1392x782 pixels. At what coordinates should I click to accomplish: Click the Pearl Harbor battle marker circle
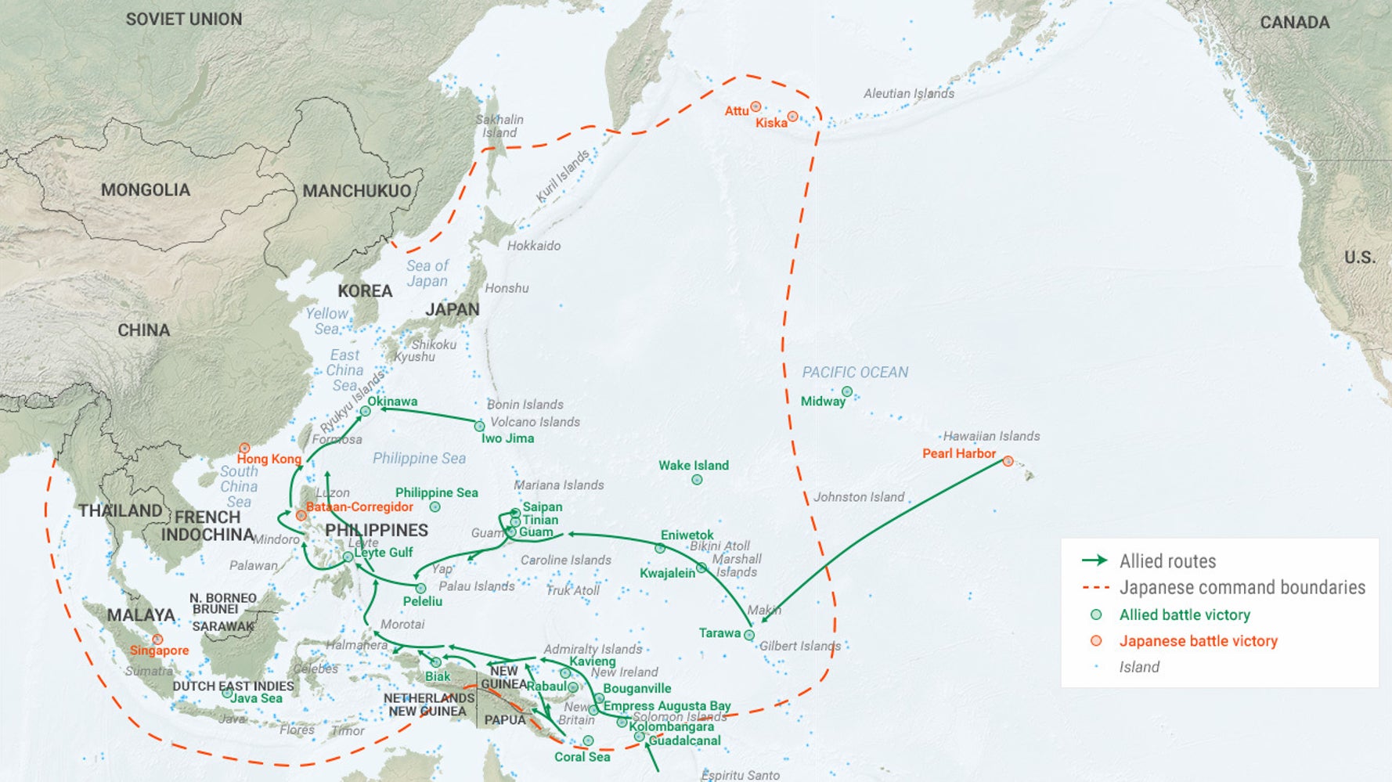pyautogui.click(x=1008, y=461)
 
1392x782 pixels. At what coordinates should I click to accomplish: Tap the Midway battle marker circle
pyautogui.click(x=846, y=391)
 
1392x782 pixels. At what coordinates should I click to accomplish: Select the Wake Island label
pyautogui.click(x=693, y=465)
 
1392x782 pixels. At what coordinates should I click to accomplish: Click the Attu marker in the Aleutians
pyautogui.click(x=756, y=106)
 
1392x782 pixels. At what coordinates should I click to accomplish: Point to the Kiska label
pyautogui.click(x=771, y=123)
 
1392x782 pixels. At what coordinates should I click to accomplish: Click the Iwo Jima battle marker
pyautogui.click(x=479, y=426)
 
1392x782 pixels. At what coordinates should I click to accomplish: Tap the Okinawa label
pyautogui.click(x=392, y=402)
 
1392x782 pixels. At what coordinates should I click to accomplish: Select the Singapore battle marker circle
pyautogui.click(x=157, y=640)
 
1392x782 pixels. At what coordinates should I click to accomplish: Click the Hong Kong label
pyautogui.click(x=269, y=459)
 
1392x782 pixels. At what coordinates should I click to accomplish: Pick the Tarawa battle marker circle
pyautogui.click(x=749, y=635)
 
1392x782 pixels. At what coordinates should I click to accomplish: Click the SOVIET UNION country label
pyautogui.click(x=184, y=19)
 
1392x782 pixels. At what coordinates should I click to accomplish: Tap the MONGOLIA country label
pyautogui.click(x=146, y=189)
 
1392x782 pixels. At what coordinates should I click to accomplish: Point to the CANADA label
pyautogui.click(x=1294, y=23)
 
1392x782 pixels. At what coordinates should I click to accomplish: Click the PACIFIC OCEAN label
pyautogui.click(x=855, y=372)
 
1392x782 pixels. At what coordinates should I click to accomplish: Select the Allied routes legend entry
pyautogui.click(x=1167, y=561)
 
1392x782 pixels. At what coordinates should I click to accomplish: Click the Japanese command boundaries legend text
pyautogui.click(x=1242, y=588)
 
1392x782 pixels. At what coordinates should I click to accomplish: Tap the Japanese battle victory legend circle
pyautogui.click(x=1096, y=641)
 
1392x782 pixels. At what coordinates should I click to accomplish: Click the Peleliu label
pyautogui.click(x=422, y=601)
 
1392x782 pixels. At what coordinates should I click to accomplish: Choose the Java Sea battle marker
pyautogui.click(x=226, y=693)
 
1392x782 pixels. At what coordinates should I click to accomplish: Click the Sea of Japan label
pyautogui.click(x=427, y=273)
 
